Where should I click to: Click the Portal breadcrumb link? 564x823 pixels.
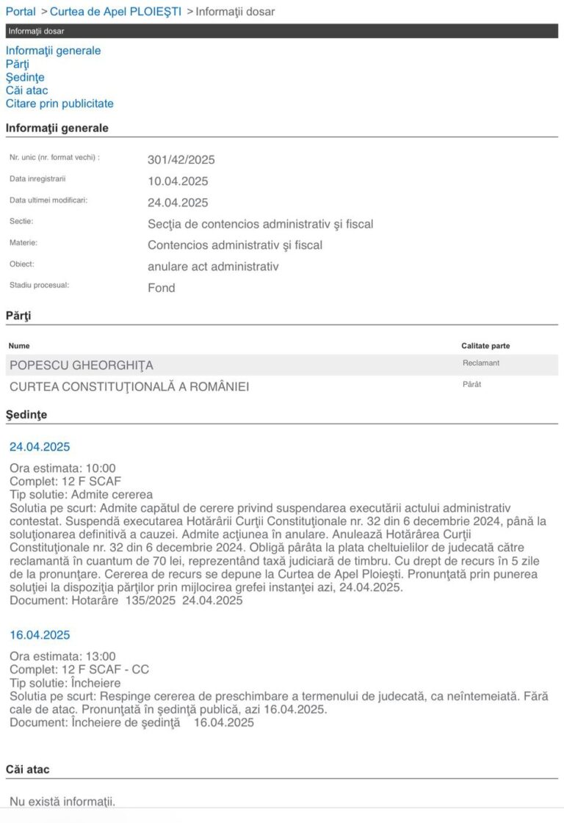(21, 12)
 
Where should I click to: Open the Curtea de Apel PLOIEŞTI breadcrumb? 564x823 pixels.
(115, 12)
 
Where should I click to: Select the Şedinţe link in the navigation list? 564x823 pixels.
(25, 77)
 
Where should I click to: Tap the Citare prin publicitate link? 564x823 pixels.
(59, 104)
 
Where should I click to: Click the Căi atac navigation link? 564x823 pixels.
(27, 90)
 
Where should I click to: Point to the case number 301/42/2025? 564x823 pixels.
(181, 160)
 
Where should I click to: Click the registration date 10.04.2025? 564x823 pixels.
(178, 181)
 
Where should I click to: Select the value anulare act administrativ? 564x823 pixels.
(213, 267)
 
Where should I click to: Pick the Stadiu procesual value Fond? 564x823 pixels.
(162, 288)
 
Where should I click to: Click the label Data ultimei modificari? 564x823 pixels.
(48, 200)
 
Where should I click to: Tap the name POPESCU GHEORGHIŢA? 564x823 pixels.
(82, 366)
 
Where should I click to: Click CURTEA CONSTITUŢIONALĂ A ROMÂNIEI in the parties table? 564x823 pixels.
(129, 386)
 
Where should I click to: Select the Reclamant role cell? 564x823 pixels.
(480, 363)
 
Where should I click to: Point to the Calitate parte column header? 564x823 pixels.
(485, 346)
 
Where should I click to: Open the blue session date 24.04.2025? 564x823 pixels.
(40, 446)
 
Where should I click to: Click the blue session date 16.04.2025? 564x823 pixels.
(40, 634)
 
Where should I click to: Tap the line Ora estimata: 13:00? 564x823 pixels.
(62, 656)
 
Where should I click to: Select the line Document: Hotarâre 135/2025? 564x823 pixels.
(126, 601)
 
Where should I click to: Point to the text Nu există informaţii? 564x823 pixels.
(62, 800)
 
